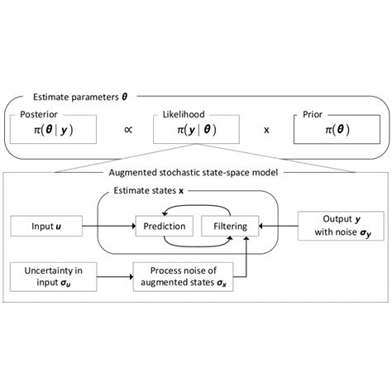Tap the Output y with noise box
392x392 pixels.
coord(336,224)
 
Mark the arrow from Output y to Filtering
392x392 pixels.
coord(277,224)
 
